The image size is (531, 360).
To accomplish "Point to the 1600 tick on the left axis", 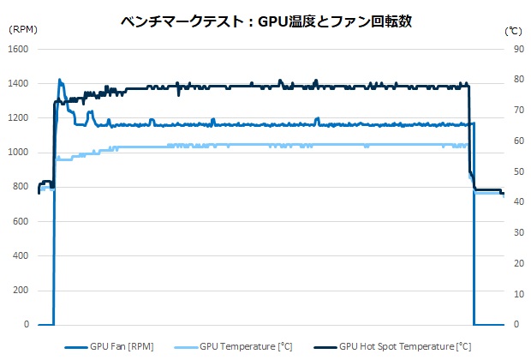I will [x=19, y=49].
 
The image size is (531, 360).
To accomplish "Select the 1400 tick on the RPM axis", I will [x=19, y=83].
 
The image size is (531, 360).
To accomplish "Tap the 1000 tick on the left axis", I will [x=19, y=153].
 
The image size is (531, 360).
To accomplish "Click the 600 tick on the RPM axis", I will [x=21, y=221].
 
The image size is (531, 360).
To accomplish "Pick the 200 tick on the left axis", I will [x=21, y=291].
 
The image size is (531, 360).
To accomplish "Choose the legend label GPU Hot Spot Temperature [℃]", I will [x=405, y=347].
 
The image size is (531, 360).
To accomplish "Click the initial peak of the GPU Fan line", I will [x=59, y=80].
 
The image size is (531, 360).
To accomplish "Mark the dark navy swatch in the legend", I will [x=323, y=347].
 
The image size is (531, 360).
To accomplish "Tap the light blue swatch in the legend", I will [x=185, y=347].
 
